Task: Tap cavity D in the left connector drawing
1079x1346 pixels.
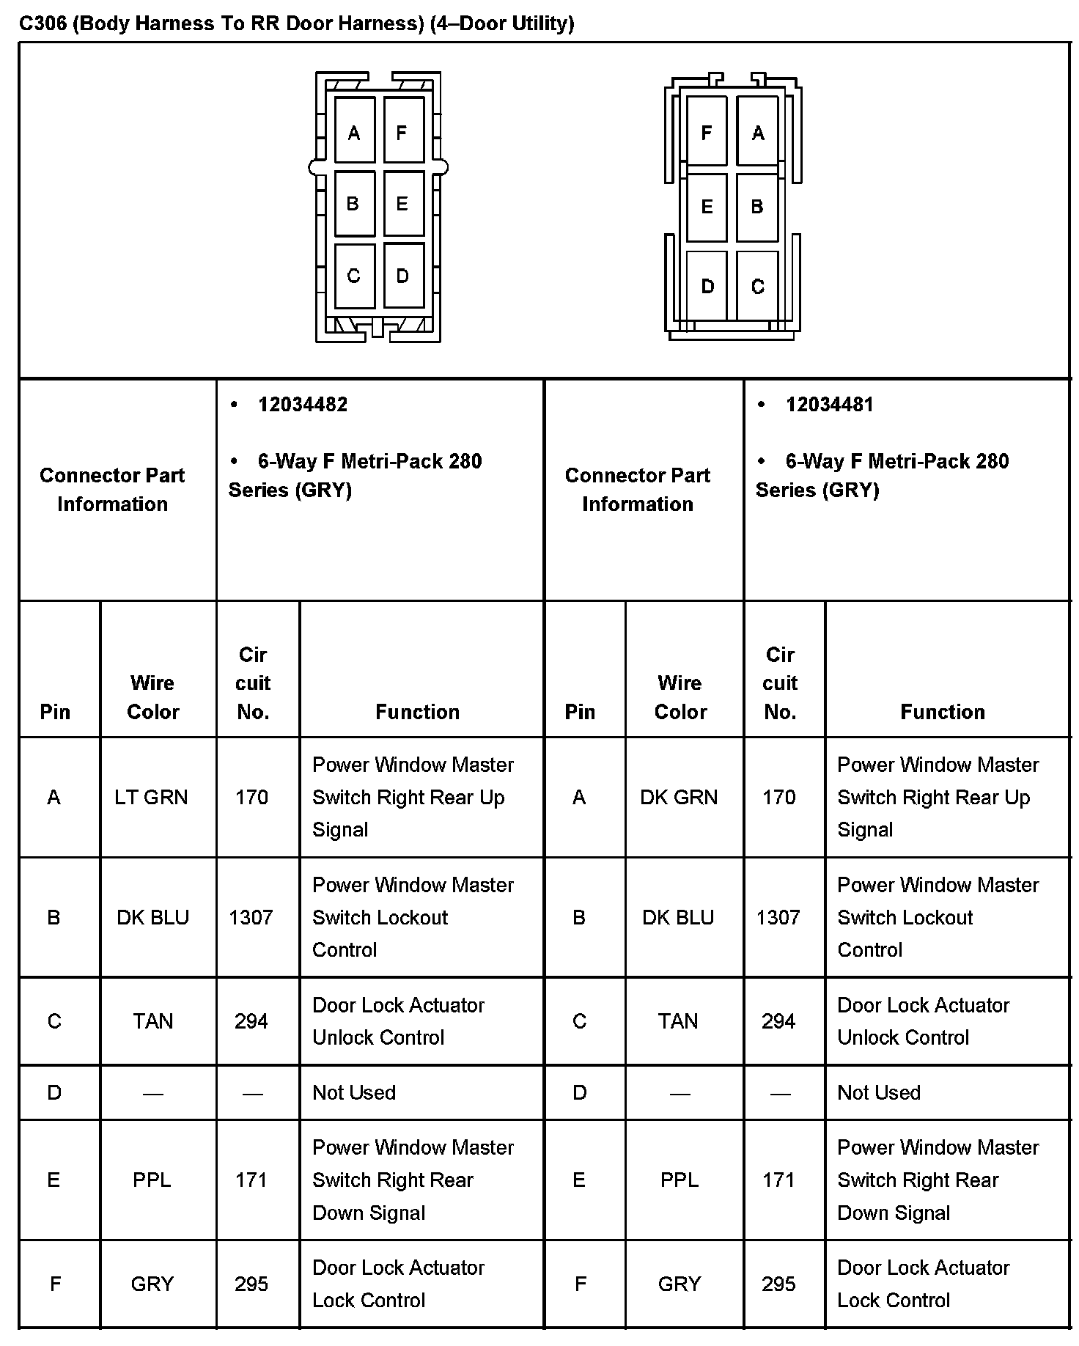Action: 402,276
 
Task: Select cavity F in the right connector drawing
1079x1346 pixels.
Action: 707,133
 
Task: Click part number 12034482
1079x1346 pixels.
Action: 303,405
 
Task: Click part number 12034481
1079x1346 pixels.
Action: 829,405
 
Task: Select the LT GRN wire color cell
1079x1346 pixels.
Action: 151,798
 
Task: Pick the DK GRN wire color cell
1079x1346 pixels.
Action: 679,798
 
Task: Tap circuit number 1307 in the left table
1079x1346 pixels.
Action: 251,918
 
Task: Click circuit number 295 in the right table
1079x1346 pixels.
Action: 778,1284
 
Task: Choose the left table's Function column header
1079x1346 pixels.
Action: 417,712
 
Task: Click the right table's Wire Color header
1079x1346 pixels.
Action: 680,697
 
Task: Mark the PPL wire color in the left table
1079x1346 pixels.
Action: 152,1180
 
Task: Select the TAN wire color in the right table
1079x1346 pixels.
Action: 678,1021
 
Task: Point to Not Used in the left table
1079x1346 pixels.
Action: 354,1093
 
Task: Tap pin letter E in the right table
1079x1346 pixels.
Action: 579,1180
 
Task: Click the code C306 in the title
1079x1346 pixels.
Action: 43,23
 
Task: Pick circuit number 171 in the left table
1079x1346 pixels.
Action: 251,1180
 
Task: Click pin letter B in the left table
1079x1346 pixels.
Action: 54,918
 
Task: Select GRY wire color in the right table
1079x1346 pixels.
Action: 680,1284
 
